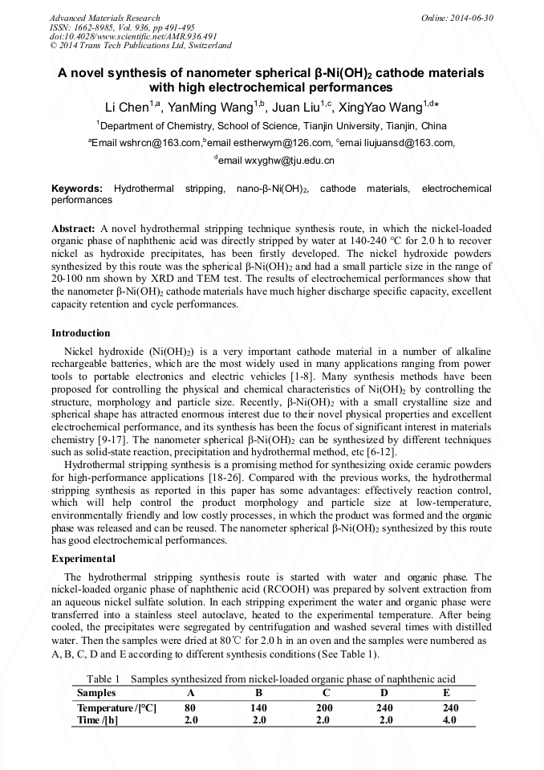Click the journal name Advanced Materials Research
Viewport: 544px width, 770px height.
tap(104, 18)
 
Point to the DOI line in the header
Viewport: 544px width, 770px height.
tap(133, 36)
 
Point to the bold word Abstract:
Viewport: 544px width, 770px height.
tap(74, 228)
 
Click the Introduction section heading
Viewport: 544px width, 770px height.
tap(81, 333)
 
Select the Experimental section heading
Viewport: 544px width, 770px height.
tap(83, 559)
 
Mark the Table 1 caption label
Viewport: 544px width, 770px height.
tap(103, 679)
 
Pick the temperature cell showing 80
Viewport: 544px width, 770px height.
tap(190, 708)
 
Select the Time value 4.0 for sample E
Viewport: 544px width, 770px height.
tap(449, 720)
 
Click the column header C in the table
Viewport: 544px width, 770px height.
tap(326, 693)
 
